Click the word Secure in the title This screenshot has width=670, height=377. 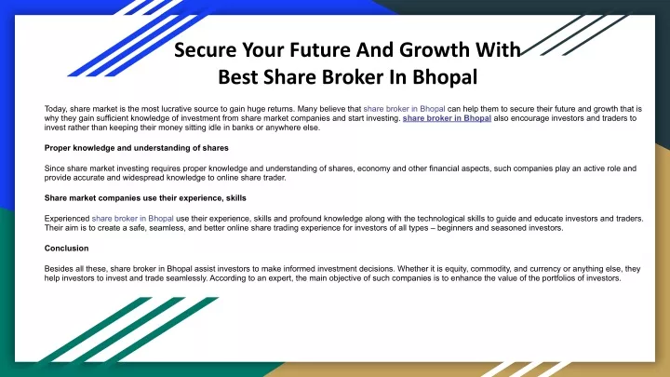pos(205,50)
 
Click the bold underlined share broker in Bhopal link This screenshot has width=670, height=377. pos(447,118)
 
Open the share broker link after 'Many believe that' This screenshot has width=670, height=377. pos(404,109)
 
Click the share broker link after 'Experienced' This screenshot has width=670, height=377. pos(132,219)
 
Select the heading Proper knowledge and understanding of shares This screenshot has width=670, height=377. pos(136,148)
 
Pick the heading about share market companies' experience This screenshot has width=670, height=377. pos(145,198)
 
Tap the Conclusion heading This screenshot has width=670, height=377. pos(66,249)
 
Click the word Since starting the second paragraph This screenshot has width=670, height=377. pos(55,168)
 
